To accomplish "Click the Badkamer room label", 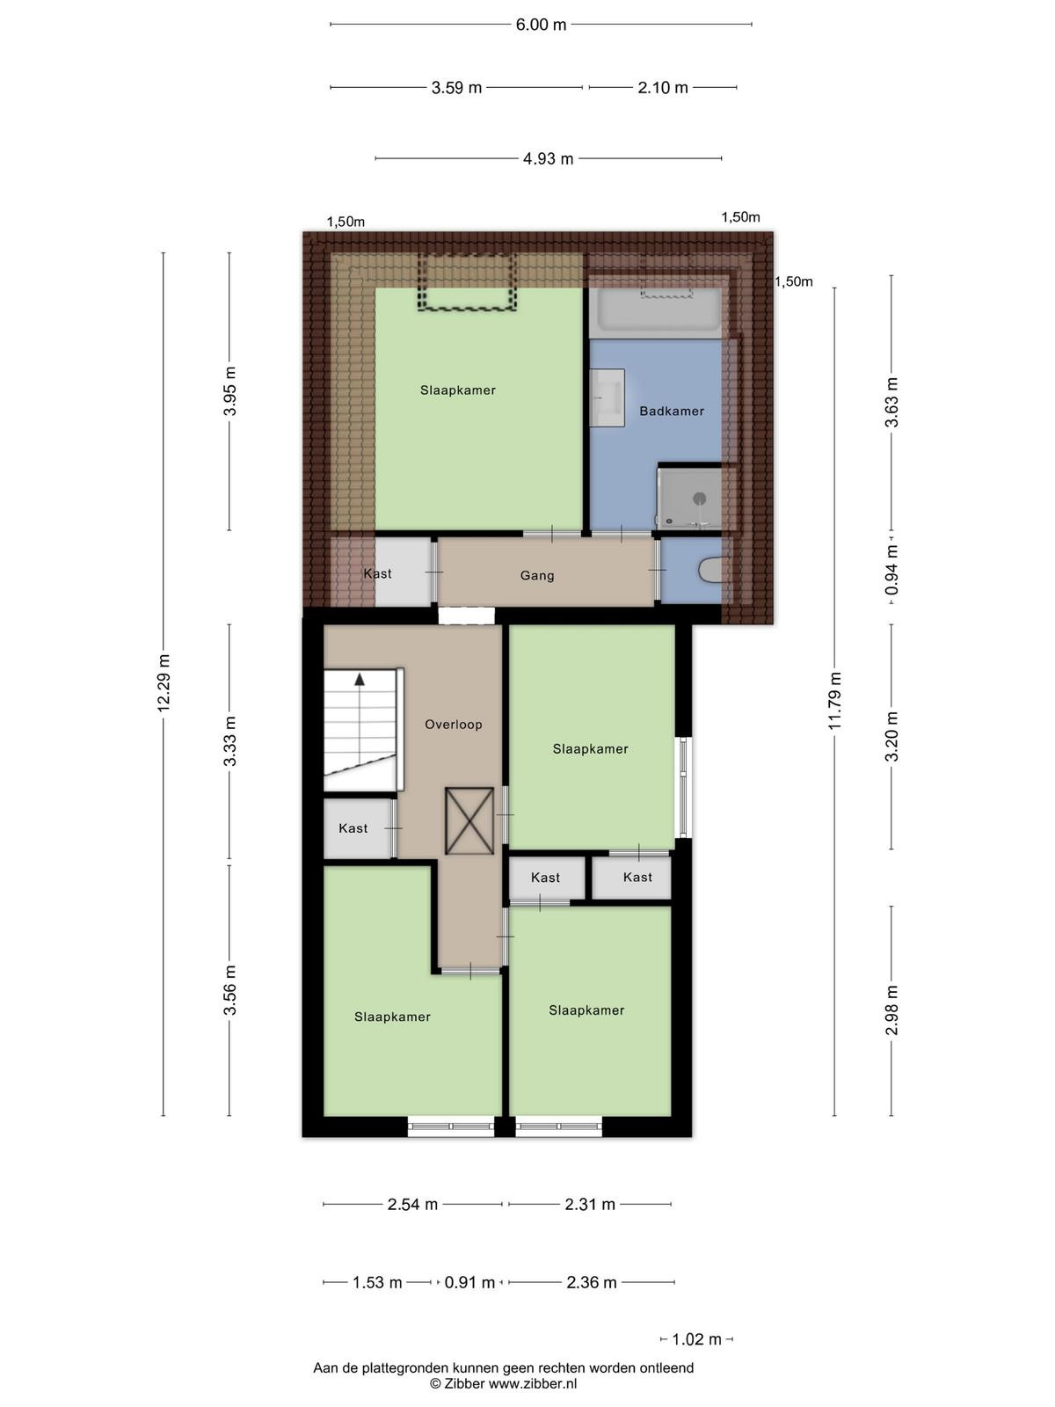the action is tap(672, 411).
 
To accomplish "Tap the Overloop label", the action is tap(454, 725).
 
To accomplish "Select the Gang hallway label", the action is tap(537, 576).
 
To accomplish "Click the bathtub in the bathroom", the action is tap(658, 312).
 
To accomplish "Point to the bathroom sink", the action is tap(607, 397).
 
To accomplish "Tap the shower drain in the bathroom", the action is tap(700, 498).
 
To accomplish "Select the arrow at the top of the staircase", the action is tap(360, 680).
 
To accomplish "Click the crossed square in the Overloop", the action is tap(469, 820).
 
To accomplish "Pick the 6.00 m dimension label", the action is tap(541, 25).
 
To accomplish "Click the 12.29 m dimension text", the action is tap(164, 682).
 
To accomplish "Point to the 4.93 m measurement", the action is tap(548, 158).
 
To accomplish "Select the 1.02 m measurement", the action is tap(696, 1339).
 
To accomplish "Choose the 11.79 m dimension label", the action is tap(834, 701).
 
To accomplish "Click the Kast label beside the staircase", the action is tap(353, 828).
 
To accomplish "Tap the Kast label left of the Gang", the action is tap(377, 573).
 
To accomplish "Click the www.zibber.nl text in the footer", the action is tap(532, 1384).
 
